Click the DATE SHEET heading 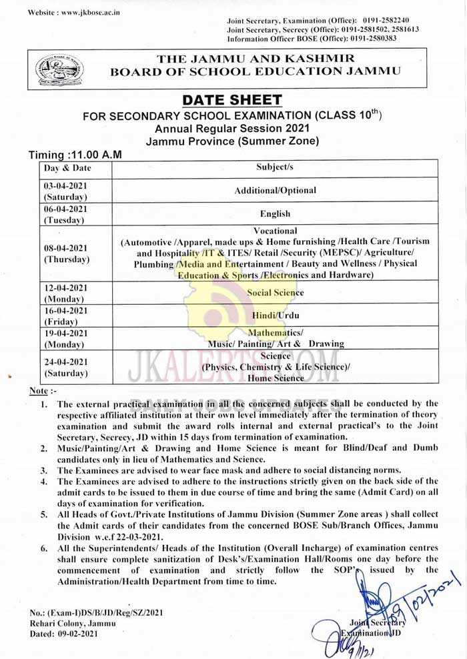click(232, 101)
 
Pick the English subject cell click(275, 213)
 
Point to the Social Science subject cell click(275, 292)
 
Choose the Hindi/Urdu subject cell click(275, 315)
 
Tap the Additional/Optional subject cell click(275, 190)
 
